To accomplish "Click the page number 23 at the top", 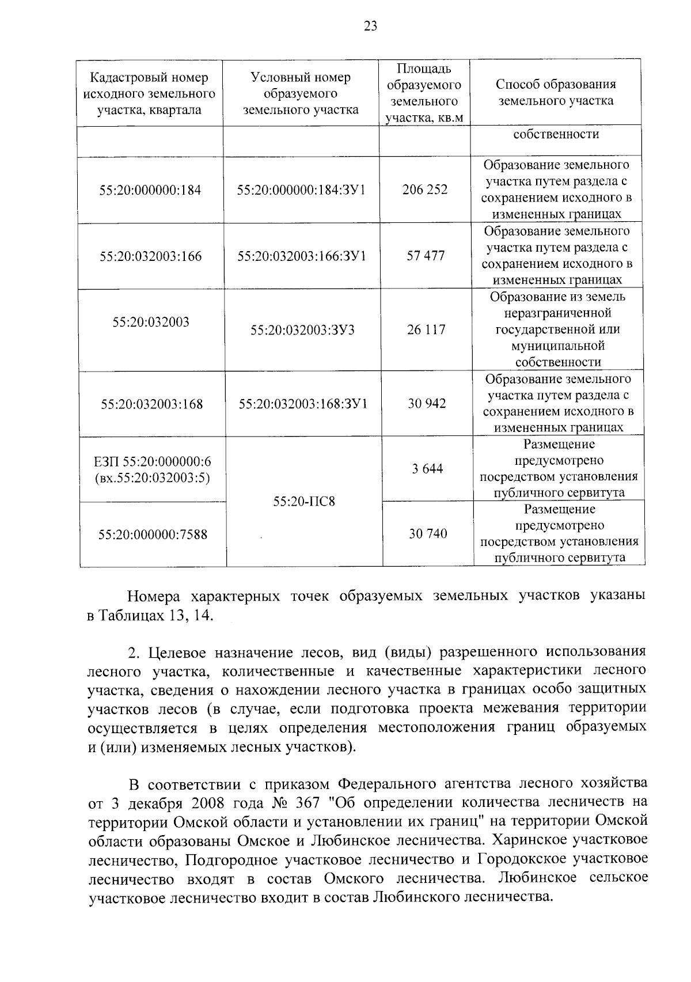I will pos(370,25).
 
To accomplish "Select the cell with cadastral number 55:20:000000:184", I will pos(150,190).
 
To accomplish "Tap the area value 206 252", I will pos(425,189).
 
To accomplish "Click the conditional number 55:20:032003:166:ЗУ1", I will pos(302,256).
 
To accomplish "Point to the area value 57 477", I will pos(426,256).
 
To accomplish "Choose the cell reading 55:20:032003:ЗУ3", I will pos(302,330).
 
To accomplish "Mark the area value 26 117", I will pos(426,329).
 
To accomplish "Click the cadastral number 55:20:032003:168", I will pos(152,404).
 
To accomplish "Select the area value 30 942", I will pos(427,403).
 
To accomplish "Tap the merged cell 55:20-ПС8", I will pos(303,502).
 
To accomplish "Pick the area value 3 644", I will pos(427,469).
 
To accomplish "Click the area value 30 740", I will pos(428,534).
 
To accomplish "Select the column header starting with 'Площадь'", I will pos(424,93).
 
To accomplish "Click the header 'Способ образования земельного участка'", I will pos(556,92).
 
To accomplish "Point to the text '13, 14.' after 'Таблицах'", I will pos(192,615).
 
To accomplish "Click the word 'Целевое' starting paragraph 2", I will pos(177,652).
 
